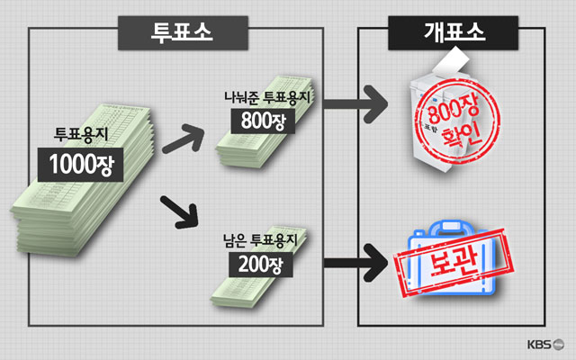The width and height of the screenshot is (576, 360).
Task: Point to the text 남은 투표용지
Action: point(264,241)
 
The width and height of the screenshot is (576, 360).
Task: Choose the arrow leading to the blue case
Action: point(355,264)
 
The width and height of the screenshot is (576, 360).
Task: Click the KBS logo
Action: point(545,344)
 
